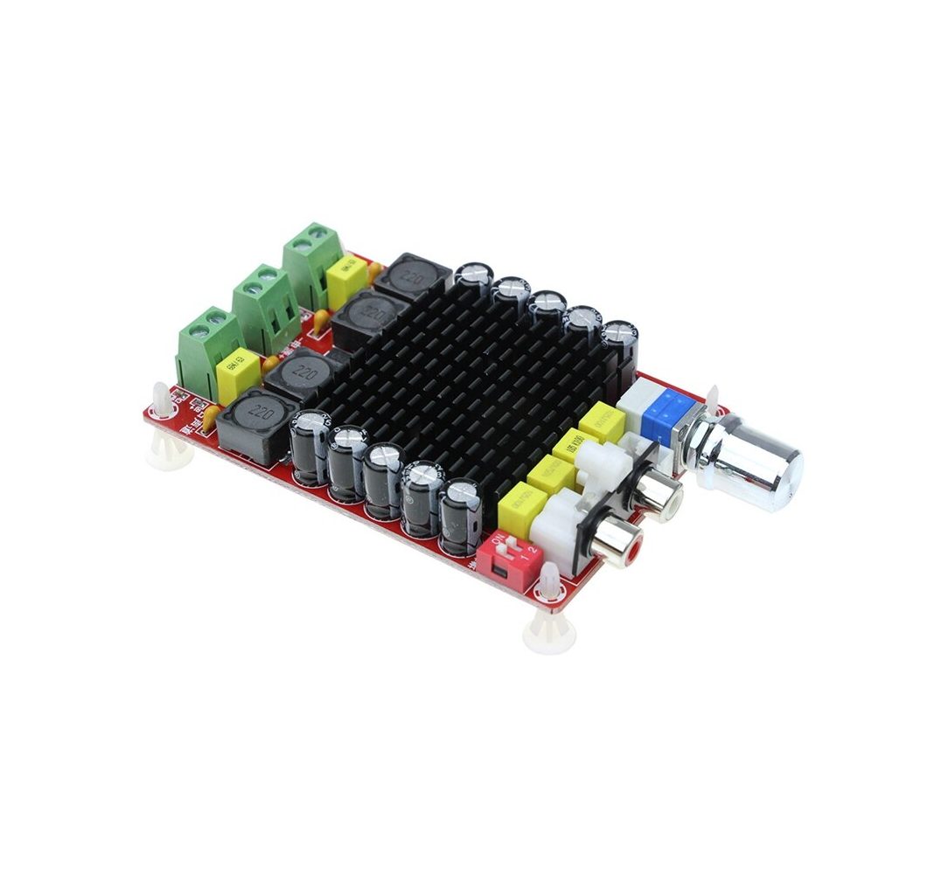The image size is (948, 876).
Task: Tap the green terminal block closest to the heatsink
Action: tap(311, 262)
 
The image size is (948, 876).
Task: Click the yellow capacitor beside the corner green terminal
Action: tap(239, 379)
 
